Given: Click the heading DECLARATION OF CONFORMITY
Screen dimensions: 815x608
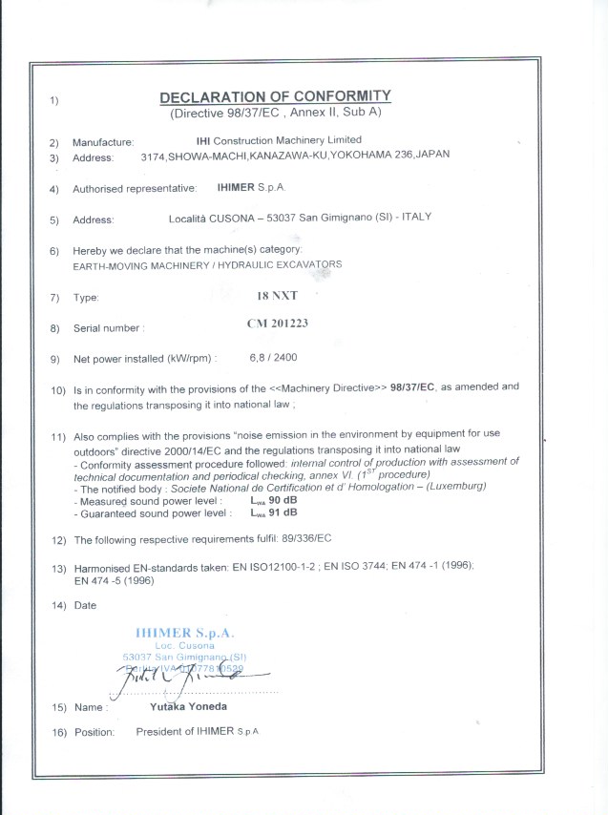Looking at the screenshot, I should tap(275, 96).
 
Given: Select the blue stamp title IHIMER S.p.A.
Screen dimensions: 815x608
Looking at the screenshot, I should tap(185, 633).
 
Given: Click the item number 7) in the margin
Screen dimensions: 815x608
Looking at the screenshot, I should tap(54, 298).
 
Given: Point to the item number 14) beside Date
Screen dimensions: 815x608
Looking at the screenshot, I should tap(57, 605).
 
